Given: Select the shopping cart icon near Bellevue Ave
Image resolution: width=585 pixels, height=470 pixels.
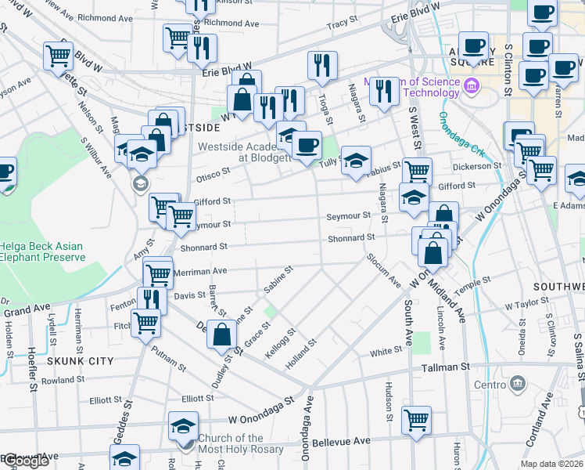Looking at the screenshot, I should coord(417,418).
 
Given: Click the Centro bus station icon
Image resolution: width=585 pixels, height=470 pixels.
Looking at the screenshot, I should coord(518,384).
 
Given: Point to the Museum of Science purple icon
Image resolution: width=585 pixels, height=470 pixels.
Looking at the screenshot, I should coord(472,85).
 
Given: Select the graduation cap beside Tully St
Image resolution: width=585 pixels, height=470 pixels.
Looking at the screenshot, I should coord(356,161).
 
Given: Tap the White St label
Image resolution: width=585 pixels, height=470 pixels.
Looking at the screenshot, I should coord(386,352).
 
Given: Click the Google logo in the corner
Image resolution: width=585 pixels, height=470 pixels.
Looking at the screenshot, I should coord(24,461).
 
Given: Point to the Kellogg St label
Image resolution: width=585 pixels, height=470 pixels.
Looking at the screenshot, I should coord(281,343).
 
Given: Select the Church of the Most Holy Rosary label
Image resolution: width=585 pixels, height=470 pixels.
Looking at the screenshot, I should coord(231,444).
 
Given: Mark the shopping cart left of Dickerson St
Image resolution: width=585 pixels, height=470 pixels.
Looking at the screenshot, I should coord(417,171).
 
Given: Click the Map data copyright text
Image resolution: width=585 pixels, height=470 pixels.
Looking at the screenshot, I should coord(552,464).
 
